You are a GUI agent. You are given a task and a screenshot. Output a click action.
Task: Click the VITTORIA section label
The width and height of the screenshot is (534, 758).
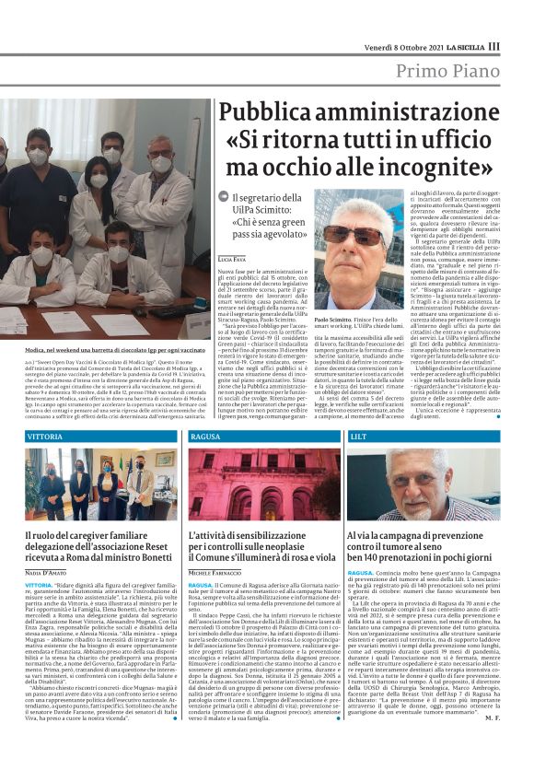(x=45, y=435)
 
